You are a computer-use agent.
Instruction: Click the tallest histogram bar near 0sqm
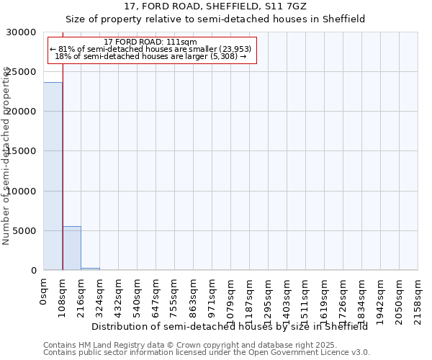(53, 176)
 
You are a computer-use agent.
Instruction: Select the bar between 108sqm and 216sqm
(71, 248)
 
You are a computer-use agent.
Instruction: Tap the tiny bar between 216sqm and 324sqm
(90, 269)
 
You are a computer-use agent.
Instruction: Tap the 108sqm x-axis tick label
(63, 294)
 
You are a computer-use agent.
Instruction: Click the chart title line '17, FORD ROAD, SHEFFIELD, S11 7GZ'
(215, 6)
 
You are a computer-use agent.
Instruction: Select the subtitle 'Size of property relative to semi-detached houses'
(215, 19)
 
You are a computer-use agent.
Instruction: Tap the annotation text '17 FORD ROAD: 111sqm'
(150, 42)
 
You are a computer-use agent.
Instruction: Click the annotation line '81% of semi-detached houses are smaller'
(150, 49)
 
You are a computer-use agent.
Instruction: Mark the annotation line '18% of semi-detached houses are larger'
(150, 56)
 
